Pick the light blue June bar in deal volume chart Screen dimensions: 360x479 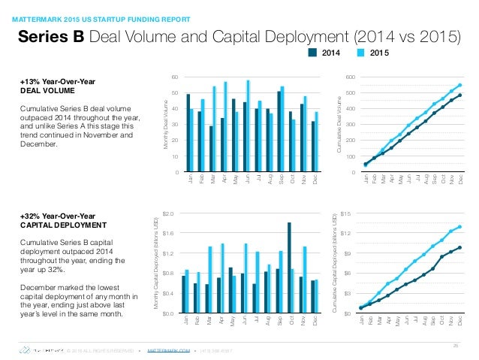tap(249, 126)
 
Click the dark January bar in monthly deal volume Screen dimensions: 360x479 tap(188, 133)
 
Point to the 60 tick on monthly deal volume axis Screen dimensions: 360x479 tap(174, 77)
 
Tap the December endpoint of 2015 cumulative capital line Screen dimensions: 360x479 tap(459, 226)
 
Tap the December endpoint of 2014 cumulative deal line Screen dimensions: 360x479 tap(459, 95)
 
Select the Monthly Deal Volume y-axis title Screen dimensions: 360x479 tap(164, 125)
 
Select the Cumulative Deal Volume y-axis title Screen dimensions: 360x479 tap(339, 125)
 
